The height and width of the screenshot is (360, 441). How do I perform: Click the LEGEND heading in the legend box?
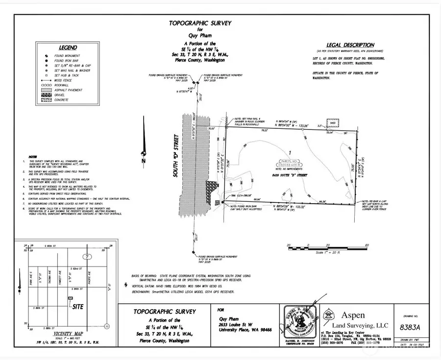(x=68, y=48)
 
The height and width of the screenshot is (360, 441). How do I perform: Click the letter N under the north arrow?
(x=142, y=161)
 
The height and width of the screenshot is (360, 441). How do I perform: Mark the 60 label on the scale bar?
(x=367, y=244)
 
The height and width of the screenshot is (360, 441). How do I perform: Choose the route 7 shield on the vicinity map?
(x=87, y=257)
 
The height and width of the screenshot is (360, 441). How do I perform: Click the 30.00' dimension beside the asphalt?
(x=212, y=128)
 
